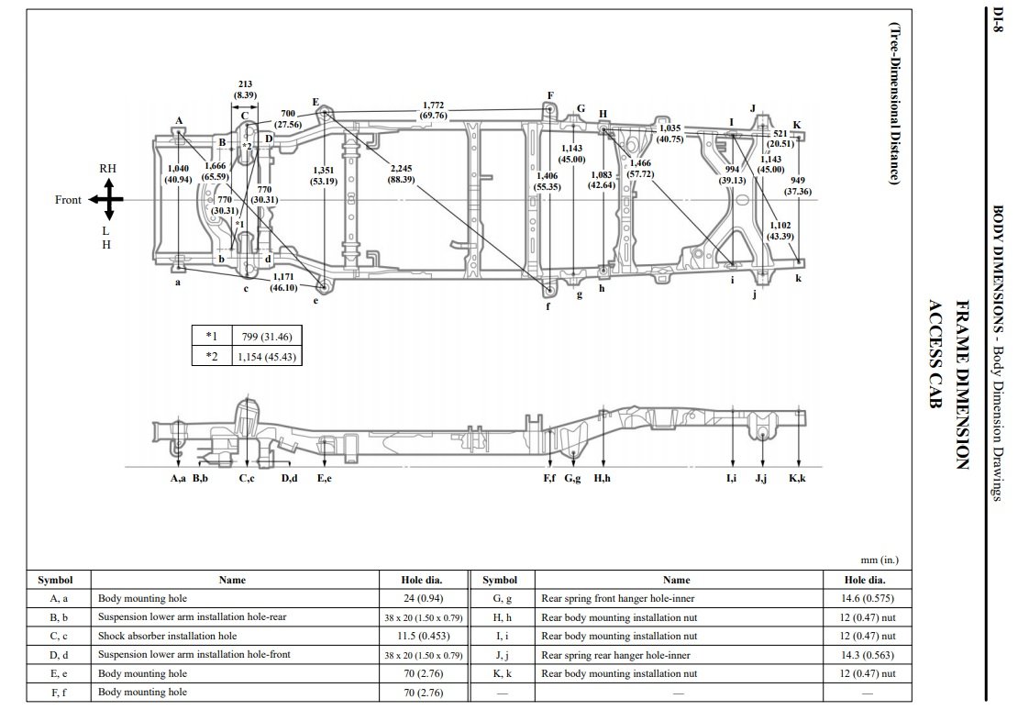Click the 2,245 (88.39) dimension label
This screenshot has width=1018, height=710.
(x=402, y=174)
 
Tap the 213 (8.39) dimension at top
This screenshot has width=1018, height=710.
(x=245, y=89)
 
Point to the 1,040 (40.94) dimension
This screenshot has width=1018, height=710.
(x=178, y=174)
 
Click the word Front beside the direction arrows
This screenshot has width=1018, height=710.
(x=68, y=200)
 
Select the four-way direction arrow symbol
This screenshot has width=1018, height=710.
(x=106, y=200)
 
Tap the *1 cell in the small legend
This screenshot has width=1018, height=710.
(x=211, y=337)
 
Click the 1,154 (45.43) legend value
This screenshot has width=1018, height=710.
(x=266, y=356)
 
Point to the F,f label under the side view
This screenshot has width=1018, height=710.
(x=548, y=479)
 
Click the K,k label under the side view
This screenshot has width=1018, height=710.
(x=797, y=479)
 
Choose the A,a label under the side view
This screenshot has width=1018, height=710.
(x=179, y=479)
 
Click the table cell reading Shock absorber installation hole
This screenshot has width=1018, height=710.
(x=168, y=636)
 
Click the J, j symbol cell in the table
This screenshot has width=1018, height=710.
(x=499, y=655)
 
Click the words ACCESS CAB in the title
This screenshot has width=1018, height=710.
(x=936, y=359)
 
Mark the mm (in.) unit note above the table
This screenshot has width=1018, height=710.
(x=878, y=560)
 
